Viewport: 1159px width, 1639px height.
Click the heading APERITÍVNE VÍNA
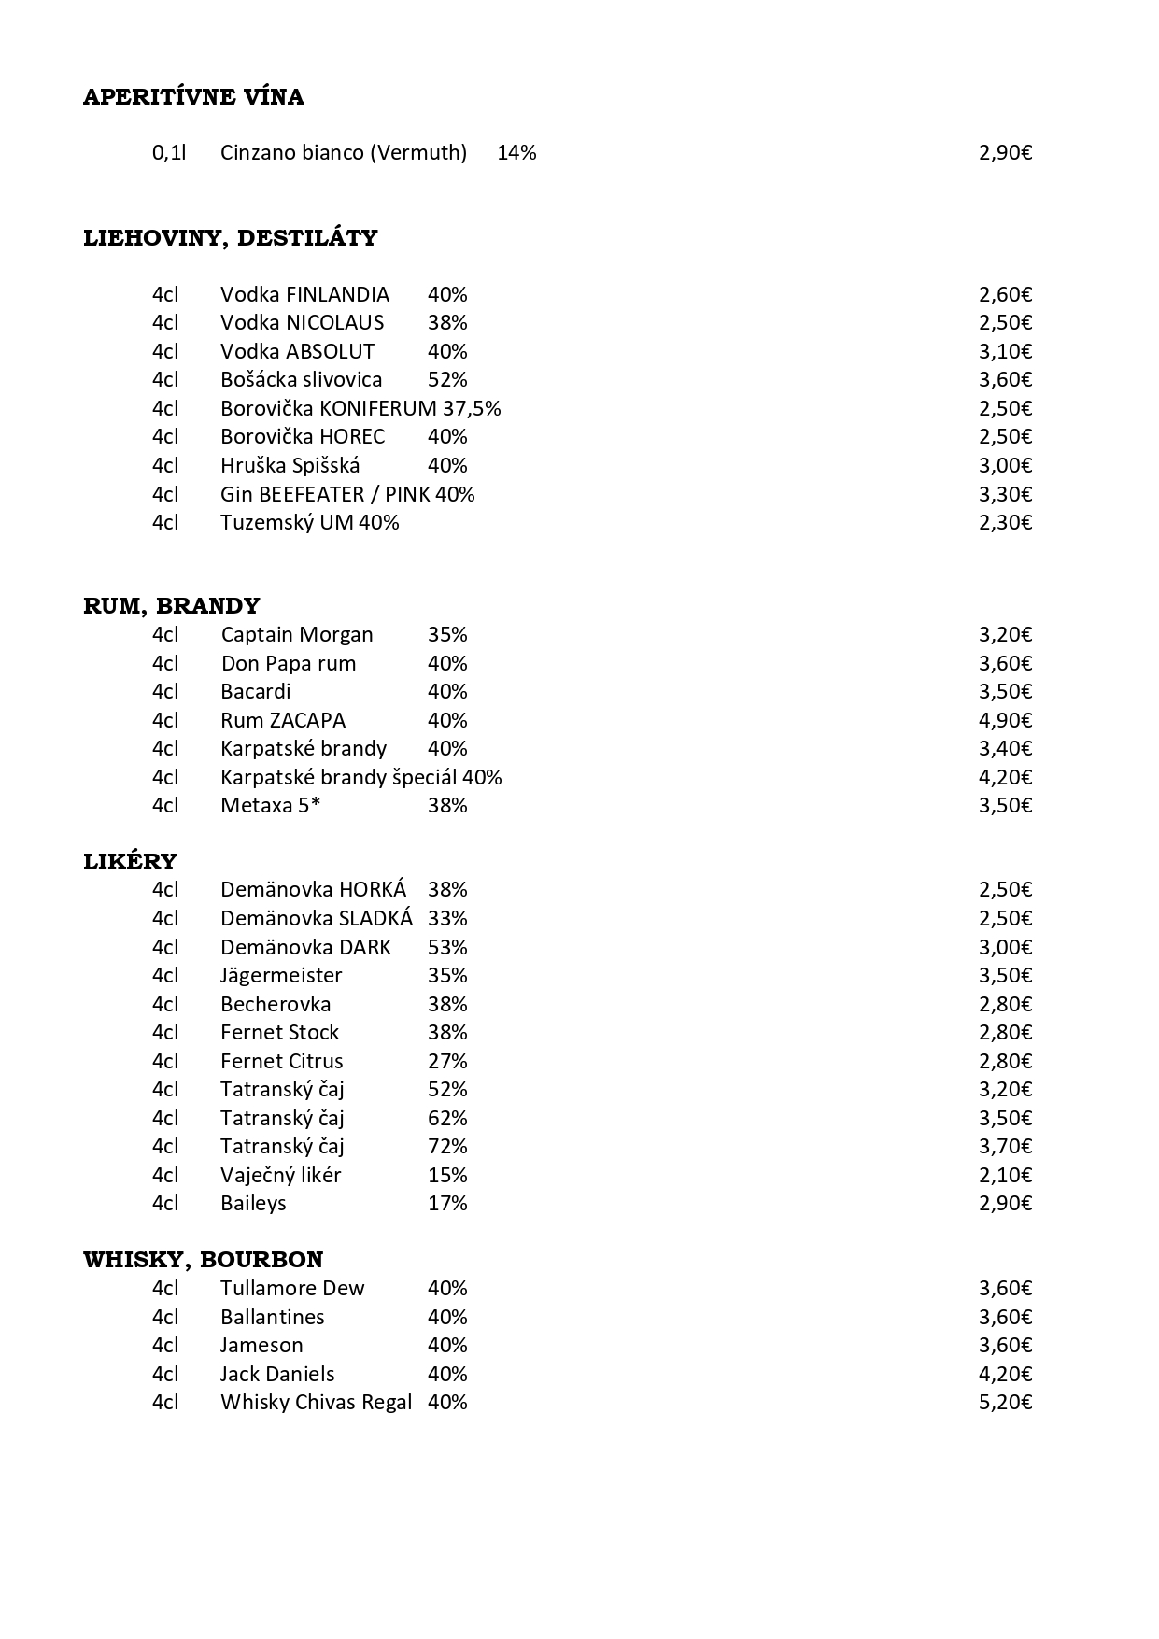(x=193, y=97)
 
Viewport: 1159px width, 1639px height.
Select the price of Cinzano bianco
(x=1005, y=152)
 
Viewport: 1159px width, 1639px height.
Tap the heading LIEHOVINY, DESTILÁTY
(x=230, y=238)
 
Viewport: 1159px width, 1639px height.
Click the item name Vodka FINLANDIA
(x=304, y=294)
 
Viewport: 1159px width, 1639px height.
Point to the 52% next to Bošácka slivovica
(x=447, y=379)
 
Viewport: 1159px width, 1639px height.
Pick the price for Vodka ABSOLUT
(x=1005, y=351)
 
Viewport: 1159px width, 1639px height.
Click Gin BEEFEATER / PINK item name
(x=325, y=494)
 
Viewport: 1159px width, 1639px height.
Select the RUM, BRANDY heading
(x=171, y=606)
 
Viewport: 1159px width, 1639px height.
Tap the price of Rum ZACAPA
(x=1005, y=720)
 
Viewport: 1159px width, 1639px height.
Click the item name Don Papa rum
(x=288, y=663)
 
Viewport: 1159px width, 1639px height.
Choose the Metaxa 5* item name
(x=270, y=805)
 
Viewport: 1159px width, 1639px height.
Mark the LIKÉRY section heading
(x=130, y=861)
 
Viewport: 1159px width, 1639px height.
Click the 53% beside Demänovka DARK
(x=447, y=947)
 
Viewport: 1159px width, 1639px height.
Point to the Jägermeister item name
(x=281, y=975)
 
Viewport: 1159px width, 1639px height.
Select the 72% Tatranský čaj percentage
(x=447, y=1146)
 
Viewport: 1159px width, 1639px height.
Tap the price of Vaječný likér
(x=1005, y=1175)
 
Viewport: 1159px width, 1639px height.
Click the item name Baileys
(x=253, y=1203)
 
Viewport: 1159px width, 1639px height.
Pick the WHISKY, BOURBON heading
(x=203, y=1260)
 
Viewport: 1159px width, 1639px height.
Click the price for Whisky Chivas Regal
(x=1005, y=1402)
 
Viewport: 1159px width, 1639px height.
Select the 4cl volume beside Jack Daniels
(x=164, y=1374)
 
